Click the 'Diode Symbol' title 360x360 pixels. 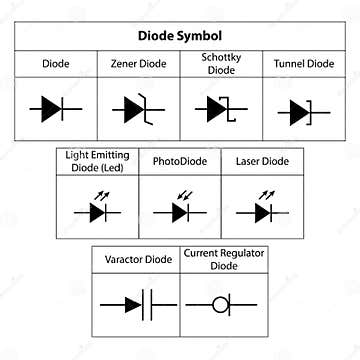[180, 35]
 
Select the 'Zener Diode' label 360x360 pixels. [137, 63]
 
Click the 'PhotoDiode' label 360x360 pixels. [178, 160]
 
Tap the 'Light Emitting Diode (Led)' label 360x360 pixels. [96, 160]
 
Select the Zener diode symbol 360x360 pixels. [137, 108]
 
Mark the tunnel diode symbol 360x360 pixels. [302, 110]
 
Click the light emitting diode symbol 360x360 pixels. [96, 211]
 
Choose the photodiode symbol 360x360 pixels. [180, 211]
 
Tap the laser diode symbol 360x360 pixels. [261, 211]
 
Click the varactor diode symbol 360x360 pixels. [137, 304]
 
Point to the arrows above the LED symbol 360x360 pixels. [100, 194]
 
